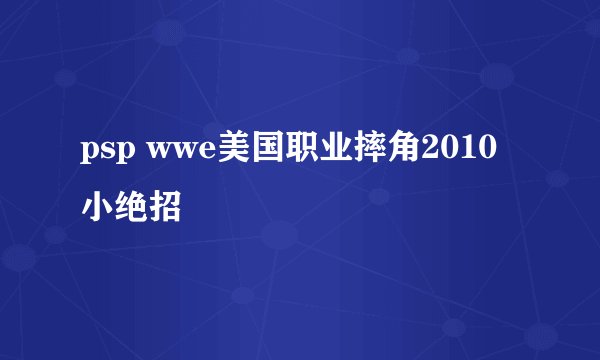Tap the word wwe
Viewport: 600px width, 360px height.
click(177, 153)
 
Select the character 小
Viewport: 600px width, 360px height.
click(97, 207)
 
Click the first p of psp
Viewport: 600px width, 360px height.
click(91, 155)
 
